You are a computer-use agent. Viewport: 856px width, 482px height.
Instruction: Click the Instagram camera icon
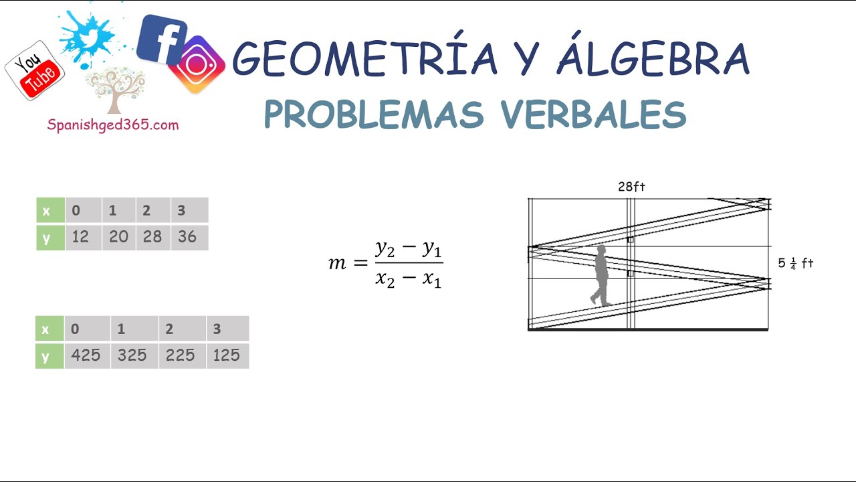click(x=197, y=64)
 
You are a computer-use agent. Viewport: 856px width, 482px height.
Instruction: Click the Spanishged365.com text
click(x=113, y=125)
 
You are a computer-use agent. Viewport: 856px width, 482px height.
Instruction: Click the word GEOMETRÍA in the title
click(x=365, y=59)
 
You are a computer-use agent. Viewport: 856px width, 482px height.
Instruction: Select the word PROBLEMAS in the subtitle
click(x=373, y=114)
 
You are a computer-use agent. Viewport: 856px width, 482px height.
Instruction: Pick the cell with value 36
click(x=188, y=238)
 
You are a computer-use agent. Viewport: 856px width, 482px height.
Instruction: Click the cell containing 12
click(x=81, y=238)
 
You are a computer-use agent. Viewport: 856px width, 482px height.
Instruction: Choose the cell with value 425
click(x=86, y=355)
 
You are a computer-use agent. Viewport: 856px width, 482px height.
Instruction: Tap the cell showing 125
click(x=227, y=355)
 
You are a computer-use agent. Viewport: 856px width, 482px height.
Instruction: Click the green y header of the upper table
click(x=46, y=238)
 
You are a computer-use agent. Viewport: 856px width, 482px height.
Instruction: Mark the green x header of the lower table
click(x=45, y=329)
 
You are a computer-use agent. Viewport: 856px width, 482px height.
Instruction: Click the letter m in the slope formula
click(x=337, y=264)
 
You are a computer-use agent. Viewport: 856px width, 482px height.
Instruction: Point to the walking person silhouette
click(x=601, y=276)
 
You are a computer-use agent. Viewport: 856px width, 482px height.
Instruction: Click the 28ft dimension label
click(x=631, y=187)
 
